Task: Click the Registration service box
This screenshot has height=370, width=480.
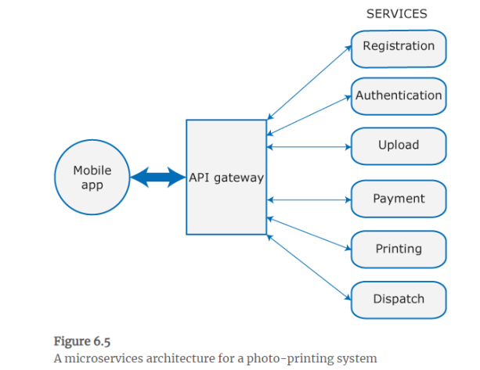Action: coord(398,47)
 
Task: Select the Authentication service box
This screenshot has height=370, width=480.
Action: coord(398,96)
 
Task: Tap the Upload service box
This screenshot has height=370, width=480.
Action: coord(398,145)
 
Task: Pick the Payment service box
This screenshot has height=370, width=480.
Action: coord(398,199)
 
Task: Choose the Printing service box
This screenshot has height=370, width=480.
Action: coord(398,250)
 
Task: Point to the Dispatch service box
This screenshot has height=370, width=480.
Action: coord(398,299)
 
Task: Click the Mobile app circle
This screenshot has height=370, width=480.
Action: coord(92,178)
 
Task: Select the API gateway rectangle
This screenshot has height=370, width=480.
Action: coord(226,196)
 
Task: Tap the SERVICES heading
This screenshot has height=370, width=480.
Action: coord(396,14)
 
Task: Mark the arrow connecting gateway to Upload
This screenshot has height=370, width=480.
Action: coord(309,145)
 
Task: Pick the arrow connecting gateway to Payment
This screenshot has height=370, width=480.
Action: coord(309,199)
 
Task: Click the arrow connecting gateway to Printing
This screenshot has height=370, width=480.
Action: coord(309,233)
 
